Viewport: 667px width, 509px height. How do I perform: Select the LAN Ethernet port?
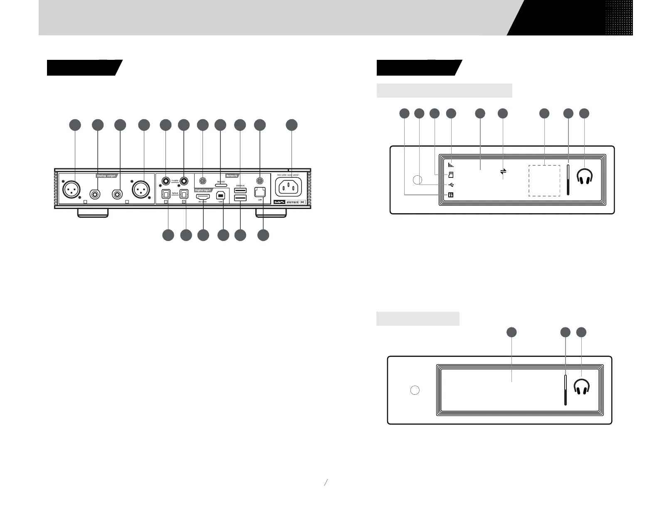(x=260, y=192)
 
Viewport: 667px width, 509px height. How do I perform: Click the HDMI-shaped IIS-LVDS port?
(x=203, y=195)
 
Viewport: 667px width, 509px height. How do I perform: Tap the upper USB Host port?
(x=240, y=190)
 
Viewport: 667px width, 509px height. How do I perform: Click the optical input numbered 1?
(x=166, y=194)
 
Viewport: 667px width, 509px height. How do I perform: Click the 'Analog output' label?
(x=106, y=175)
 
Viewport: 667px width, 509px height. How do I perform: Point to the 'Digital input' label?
(x=203, y=190)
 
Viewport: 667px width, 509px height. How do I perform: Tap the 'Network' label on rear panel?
(x=231, y=175)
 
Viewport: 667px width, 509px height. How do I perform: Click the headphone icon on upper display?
(x=585, y=177)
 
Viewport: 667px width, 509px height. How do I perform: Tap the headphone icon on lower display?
(x=582, y=387)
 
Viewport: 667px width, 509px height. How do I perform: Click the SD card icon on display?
(x=451, y=175)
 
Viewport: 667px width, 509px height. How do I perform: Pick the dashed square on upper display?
(x=544, y=180)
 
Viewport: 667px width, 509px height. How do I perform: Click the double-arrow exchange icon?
(x=503, y=171)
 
